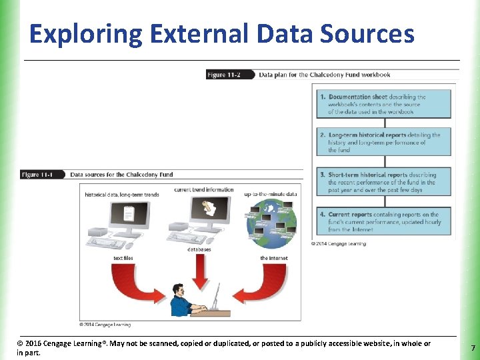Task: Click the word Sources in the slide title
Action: tap(371, 34)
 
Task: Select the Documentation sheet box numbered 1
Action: tap(383, 104)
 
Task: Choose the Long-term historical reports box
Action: tap(383, 143)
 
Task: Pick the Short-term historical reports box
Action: tap(383, 182)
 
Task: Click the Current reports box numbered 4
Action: tap(383, 221)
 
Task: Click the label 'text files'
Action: tap(123, 258)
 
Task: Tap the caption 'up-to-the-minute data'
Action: tap(270, 194)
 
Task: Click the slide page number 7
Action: tap(473, 348)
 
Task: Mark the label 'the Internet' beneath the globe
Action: tap(273, 258)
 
